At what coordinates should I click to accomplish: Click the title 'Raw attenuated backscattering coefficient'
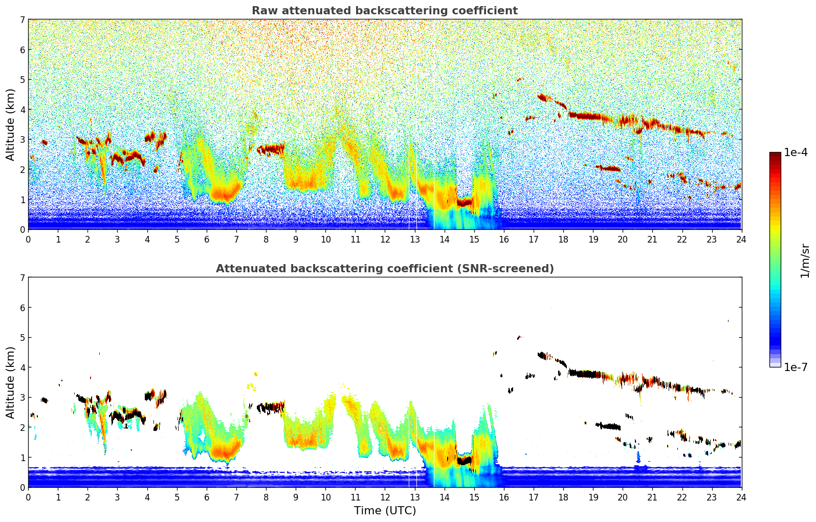pos(384,11)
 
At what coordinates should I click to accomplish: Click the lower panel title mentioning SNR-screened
pos(384,269)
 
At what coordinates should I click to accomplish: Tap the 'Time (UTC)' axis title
pos(385,511)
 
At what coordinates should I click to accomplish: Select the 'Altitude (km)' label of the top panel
pos(11,124)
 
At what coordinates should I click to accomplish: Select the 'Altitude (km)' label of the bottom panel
pos(11,382)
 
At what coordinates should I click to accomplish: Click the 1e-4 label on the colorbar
pos(796,153)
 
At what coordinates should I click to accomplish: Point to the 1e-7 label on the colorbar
pos(796,367)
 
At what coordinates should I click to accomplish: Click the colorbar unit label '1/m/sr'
pos(805,260)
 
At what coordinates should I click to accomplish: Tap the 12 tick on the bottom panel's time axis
pos(385,497)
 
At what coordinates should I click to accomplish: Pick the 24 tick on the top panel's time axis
pos(741,239)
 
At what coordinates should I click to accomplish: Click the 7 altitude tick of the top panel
pos(22,20)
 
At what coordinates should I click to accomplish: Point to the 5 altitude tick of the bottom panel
pos(22,338)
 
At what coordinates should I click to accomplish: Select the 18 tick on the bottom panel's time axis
pos(563,497)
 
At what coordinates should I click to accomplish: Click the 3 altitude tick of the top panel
pos(22,140)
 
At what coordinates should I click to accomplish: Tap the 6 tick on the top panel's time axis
pos(207,239)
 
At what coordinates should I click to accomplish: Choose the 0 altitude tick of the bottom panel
pos(22,487)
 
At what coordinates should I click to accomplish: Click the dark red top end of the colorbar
pos(775,155)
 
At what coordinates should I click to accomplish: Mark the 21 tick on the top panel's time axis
pos(652,239)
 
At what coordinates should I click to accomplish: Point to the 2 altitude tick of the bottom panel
pos(22,427)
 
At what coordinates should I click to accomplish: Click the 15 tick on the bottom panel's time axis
pos(474,497)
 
